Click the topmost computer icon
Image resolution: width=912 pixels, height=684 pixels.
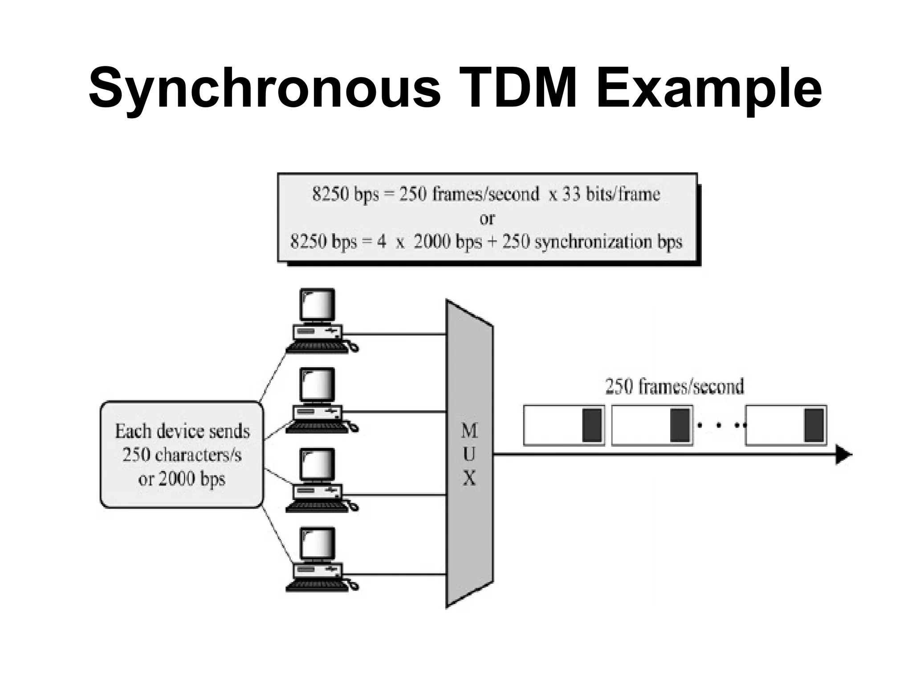318,321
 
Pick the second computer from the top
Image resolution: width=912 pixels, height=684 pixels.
318,400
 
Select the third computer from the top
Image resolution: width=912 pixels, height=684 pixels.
318,480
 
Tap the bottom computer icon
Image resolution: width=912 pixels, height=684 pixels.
318,559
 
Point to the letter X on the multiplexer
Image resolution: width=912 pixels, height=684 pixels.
469,478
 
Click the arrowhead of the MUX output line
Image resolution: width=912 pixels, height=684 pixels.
843,455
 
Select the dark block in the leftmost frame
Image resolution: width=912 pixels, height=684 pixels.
592,425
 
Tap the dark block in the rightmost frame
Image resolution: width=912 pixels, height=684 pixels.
814,425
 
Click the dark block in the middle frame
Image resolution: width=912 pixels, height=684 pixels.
680,425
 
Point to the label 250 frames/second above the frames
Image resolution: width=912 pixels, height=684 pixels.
674,387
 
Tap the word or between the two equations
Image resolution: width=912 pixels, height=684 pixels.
487,218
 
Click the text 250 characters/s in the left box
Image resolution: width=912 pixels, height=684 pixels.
182,455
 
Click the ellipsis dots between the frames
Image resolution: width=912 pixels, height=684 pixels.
719,425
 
